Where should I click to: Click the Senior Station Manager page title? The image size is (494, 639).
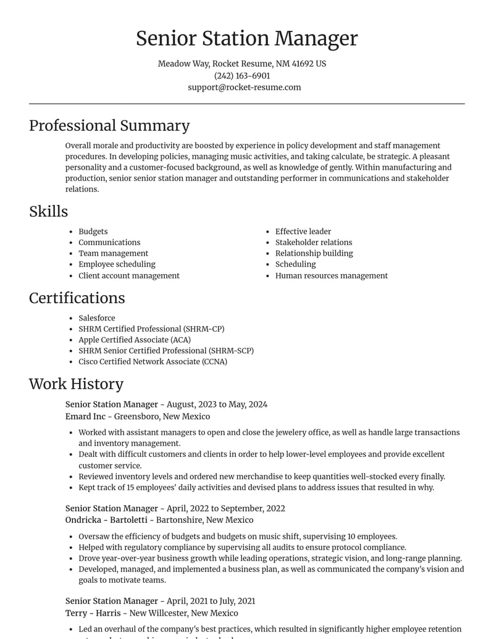coord(246,38)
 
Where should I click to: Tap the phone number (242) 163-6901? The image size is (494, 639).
coord(242,75)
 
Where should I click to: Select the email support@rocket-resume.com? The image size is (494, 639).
coord(245,87)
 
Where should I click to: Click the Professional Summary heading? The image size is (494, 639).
coord(109,125)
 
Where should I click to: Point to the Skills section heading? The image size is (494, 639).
coord(48,211)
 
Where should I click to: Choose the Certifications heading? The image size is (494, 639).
coord(77,298)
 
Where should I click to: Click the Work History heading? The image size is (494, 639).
coord(76,383)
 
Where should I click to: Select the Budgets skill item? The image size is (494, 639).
coord(93,232)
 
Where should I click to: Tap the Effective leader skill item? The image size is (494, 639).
coord(303,232)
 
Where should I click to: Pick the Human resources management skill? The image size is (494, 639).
coord(331,275)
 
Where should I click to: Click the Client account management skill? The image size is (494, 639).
coord(128,275)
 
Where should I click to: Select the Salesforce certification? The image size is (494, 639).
coord(96,318)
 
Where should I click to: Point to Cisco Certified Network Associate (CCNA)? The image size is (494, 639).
coord(153,361)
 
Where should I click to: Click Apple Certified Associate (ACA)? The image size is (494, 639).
coord(134,340)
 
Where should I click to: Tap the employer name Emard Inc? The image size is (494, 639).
coord(85,416)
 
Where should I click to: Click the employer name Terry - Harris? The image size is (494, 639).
coord(93,613)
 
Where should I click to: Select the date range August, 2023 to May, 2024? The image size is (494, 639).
coord(217,404)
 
